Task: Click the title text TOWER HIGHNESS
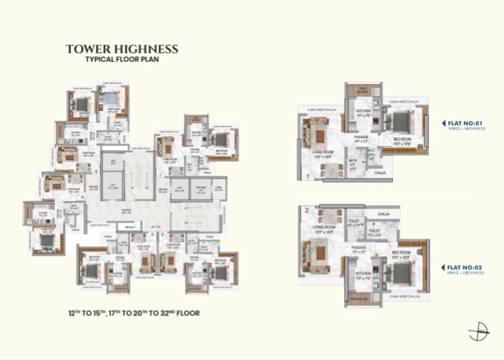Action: (122, 49)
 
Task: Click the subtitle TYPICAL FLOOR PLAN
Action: (122, 60)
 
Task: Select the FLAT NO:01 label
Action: (465, 123)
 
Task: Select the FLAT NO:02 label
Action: (464, 268)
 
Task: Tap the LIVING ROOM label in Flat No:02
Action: (317, 228)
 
